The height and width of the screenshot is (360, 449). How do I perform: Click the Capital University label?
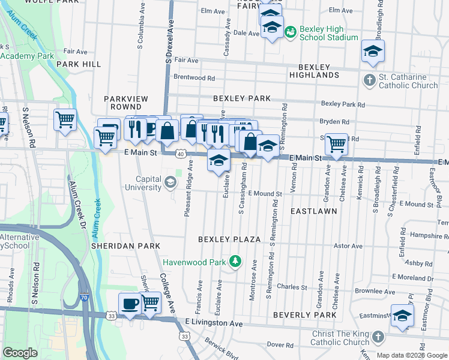click(140, 183)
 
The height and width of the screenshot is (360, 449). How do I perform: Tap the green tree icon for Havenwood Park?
click(236, 262)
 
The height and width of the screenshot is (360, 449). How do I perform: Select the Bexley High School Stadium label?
click(328, 33)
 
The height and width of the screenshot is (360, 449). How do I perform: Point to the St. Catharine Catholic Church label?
click(408, 81)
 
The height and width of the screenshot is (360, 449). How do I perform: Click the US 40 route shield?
click(180, 154)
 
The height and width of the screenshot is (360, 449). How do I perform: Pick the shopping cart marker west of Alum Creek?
click(64, 119)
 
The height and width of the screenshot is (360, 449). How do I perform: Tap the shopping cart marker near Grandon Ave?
click(336, 144)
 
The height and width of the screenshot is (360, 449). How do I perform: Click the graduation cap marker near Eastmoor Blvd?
click(402, 315)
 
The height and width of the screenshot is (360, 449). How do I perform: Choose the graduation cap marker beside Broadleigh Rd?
click(373, 52)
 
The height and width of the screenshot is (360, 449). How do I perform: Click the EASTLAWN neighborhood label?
click(313, 212)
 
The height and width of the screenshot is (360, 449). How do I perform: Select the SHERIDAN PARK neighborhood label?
click(125, 246)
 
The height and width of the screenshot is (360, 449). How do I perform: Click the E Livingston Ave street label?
click(213, 323)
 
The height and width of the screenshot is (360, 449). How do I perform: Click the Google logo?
click(20, 353)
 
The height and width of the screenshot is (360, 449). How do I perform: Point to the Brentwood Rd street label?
click(194, 78)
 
